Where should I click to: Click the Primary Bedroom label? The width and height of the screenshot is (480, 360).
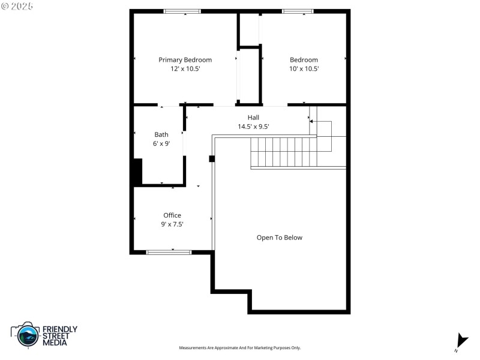point(185,60)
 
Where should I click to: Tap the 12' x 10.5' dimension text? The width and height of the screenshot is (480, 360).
point(185,69)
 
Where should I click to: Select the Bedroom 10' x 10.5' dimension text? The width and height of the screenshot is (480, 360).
point(304,69)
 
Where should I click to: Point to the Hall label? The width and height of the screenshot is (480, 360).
point(253,118)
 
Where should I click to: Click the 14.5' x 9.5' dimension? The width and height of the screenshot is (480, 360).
point(253,127)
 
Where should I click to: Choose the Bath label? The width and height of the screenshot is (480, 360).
point(161,134)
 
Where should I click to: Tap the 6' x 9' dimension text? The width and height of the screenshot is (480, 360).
point(161,143)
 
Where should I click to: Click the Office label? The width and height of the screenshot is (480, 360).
point(172,215)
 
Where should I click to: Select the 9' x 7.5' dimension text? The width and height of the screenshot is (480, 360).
point(172,224)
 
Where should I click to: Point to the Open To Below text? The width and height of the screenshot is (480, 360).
point(280,238)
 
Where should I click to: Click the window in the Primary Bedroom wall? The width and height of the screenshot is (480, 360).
point(182,11)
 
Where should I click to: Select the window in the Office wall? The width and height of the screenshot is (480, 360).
point(169,253)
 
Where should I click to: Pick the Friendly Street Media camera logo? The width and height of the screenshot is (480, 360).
point(26,335)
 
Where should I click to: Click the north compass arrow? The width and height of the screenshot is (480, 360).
point(461,340)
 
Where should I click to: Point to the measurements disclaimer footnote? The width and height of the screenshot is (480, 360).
point(240,348)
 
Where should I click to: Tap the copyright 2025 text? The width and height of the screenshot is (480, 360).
point(18,5)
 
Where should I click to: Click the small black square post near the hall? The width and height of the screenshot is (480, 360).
point(212,159)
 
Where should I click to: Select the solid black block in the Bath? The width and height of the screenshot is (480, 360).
point(137,172)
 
